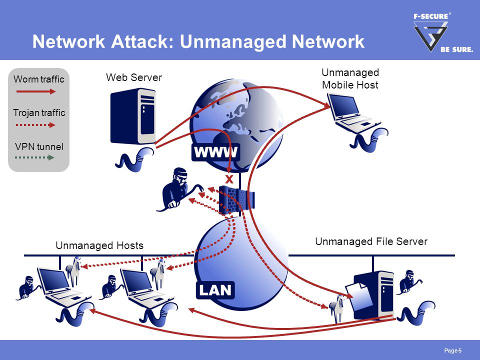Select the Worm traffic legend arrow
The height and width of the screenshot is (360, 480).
point(36,91)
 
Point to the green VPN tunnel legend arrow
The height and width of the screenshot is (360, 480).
point(34,157)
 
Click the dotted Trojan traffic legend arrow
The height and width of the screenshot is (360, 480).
point(35,125)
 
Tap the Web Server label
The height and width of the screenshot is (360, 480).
point(134,77)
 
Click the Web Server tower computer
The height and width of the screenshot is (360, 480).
point(133,116)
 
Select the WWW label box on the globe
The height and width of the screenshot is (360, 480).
point(215,152)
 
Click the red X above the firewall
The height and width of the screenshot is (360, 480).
point(229,179)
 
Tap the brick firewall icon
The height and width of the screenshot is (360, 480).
point(237,200)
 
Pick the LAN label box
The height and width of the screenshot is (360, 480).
point(215,290)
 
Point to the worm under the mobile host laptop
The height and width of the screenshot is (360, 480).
point(369,140)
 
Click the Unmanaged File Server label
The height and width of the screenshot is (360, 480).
point(371,241)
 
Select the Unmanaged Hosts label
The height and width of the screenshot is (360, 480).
point(99,245)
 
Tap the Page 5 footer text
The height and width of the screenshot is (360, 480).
point(453,350)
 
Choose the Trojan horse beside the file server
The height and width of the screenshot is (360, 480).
point(336,307)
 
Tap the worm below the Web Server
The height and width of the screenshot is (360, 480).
point(134,159)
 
